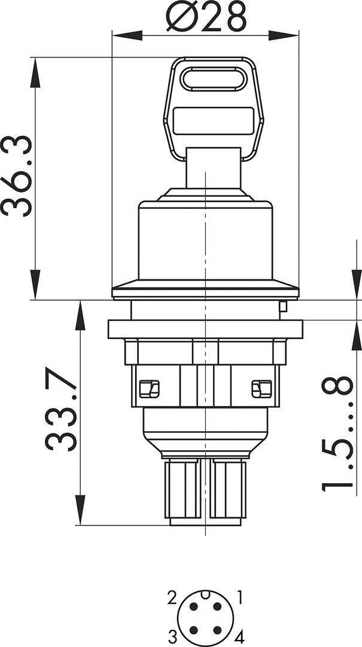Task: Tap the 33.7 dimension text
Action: coord(61,412)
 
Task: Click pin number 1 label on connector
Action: coord(240,596)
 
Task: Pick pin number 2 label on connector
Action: coord(172,597)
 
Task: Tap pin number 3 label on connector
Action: coord(171,634)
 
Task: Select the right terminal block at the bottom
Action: coord(227,490)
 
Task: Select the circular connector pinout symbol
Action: coord(206,616)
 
